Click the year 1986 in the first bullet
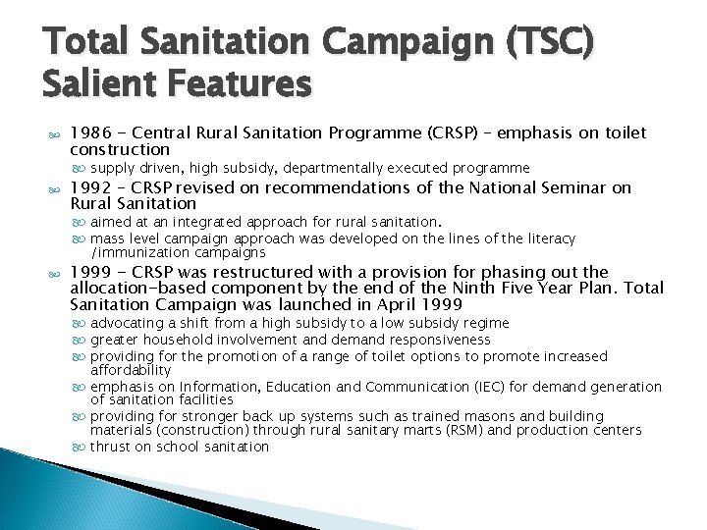point(91,133)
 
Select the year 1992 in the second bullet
point(91,188)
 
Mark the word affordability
point(131,371)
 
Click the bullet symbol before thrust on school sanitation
point(80,448)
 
